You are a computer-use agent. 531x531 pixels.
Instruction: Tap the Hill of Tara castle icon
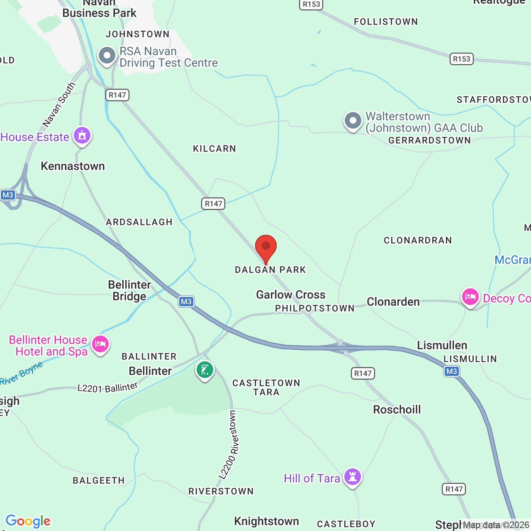pos(353,477)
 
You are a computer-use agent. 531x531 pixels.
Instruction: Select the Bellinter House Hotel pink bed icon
pos(100,344)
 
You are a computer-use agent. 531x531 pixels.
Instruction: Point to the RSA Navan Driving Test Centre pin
pos(107,56)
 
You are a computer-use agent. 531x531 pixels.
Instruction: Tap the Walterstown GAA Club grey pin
pos(353,121)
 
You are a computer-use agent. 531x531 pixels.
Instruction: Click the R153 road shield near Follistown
pos(462,59)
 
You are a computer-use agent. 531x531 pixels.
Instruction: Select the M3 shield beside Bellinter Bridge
pos(186,302)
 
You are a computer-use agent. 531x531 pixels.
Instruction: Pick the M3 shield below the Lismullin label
pos(451,371)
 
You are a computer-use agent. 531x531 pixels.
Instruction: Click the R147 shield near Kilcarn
pos(214,204)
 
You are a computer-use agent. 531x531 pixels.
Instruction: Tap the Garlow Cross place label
pos(291,295)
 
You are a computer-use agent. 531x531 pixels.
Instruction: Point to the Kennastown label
pos(73,166)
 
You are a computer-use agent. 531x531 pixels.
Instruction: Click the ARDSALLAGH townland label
pos(139,222)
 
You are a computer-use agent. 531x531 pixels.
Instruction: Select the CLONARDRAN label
pos(418,241)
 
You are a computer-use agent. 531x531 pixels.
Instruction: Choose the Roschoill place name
pos(397,410)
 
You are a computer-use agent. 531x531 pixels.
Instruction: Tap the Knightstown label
pos(266,521)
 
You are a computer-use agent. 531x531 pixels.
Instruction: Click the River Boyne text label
pos(22,373)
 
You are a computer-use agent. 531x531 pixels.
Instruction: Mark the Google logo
pos(28,521)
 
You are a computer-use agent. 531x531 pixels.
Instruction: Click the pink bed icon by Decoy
pos(470,297)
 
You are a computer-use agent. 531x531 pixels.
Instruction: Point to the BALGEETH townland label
pos(99,480)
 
